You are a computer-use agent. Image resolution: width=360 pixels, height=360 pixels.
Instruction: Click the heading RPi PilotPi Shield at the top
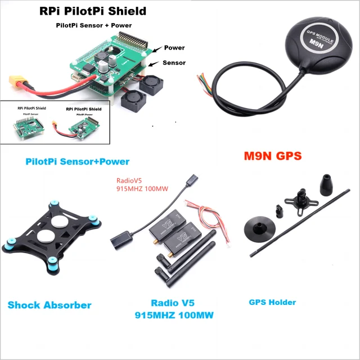(x=92, y=11)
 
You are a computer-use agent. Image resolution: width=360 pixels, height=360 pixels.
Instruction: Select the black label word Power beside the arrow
(x=174, y=48)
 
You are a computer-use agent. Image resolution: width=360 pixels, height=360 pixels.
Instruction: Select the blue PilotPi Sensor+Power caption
(x=77, y=161)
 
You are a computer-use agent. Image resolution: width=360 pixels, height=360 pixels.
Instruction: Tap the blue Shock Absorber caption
(x=49, y=305)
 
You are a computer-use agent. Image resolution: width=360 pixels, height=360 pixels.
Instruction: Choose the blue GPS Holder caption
(x=272, y=302)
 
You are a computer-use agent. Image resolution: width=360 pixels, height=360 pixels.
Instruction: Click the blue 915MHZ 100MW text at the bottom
(x=174, y=316)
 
